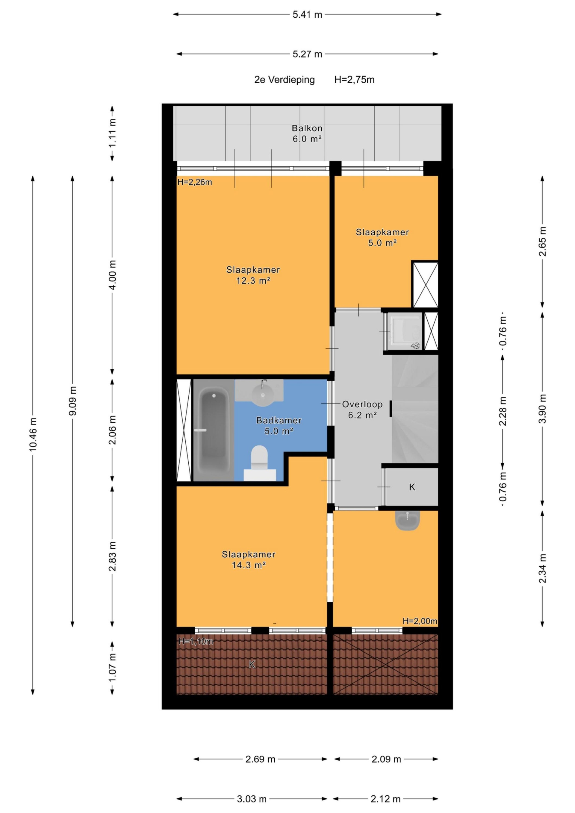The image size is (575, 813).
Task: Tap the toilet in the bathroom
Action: coord(259,462)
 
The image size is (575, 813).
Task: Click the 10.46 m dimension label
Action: coord(33,434)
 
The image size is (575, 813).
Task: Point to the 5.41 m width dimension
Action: coord(307,14)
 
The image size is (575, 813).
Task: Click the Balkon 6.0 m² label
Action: coord(307,134)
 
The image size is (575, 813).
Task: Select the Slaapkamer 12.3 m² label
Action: coord(253,275)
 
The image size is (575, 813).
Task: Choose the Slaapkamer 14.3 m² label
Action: coord(248,559)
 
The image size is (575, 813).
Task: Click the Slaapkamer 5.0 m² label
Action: coord(382,238)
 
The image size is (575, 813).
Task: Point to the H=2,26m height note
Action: coord(195,182)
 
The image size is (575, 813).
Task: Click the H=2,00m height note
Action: coord(420,621)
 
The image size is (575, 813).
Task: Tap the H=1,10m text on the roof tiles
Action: coord(196,641)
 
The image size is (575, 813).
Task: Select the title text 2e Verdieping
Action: coord(285,80)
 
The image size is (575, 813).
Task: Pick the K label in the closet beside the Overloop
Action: coord(412,487)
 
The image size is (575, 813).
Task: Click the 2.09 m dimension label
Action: coord(386,759)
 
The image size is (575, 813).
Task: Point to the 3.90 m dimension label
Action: coord(542,409)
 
